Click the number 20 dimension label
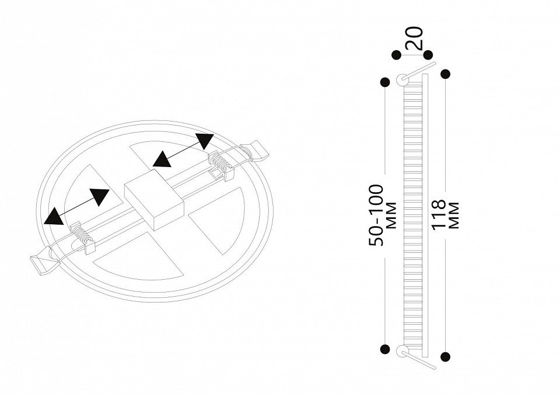tap(415, 38)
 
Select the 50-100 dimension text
tap(376, 216)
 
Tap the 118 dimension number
tap(439, 214)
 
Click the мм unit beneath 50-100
tap(392, 216)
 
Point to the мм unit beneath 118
tap(454, 216)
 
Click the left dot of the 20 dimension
tap(396, 55)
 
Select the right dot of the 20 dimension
tap(428, 55)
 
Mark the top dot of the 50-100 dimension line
tap(385, 82)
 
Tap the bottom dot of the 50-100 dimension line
tap(385, 349)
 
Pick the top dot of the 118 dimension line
tap(445, 74)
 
